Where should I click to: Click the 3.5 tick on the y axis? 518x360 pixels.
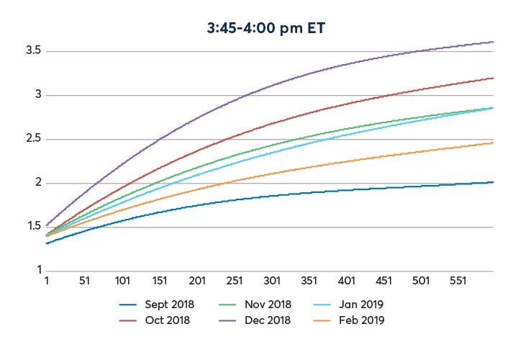33,51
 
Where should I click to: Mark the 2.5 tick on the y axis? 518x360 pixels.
33,139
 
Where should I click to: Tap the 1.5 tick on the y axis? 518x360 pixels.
33,227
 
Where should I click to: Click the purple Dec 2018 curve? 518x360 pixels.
216,87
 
